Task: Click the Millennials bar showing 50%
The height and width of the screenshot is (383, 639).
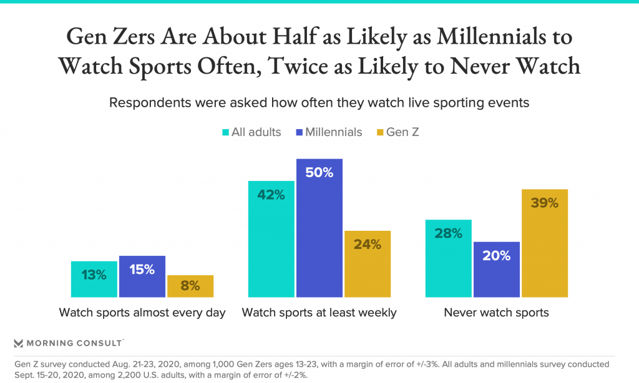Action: point(319,228)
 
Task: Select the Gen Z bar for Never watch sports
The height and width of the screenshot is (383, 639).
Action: point(544,243)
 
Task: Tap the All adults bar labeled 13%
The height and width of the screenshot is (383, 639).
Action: point(94,279)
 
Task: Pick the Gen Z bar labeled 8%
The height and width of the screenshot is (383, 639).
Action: point(190,286)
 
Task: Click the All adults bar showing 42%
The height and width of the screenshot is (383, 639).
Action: point(271,239)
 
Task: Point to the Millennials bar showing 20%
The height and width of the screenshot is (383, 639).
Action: point(496,269)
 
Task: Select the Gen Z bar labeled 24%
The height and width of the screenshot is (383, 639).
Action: point(367,264)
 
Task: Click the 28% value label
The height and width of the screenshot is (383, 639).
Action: point(448,234)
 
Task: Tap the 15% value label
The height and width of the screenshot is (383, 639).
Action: point(142,269)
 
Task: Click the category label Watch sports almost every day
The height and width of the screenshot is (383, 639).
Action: point(142,313)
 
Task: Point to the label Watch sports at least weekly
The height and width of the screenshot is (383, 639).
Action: point(319,313)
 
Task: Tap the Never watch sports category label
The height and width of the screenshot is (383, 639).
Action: point(496,313)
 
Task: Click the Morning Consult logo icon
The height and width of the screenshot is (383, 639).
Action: point(19,343)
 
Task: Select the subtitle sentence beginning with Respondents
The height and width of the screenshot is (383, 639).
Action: point(319,103)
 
